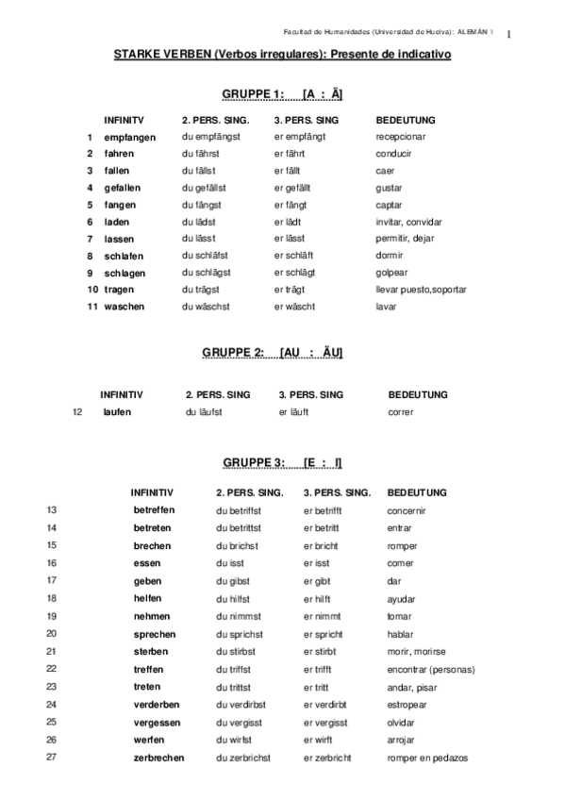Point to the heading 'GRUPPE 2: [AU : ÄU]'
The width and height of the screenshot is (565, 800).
tap(273, 352)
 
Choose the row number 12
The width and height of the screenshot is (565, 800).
tap(78, 412)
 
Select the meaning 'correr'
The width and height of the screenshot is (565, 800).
tap(401, 412)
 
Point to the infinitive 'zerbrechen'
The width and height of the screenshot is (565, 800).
tap(158, 758)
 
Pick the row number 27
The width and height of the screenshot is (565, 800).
tap(52, 758)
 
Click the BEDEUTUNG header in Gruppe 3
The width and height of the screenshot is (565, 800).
tap(416, 492)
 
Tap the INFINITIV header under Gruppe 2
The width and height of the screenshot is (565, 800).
tap(122, 394)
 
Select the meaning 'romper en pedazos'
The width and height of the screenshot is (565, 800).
tap(426, 758)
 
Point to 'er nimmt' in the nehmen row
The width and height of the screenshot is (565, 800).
tap(323, 616)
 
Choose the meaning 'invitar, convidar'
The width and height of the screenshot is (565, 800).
tap(408, 222)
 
